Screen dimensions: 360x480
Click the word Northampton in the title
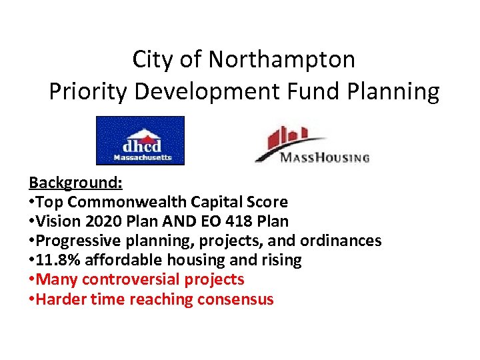282,60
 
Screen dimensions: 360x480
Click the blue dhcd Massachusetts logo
140,141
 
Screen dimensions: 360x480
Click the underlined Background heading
71,183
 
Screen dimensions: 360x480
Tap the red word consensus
235,299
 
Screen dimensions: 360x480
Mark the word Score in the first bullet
266,202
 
